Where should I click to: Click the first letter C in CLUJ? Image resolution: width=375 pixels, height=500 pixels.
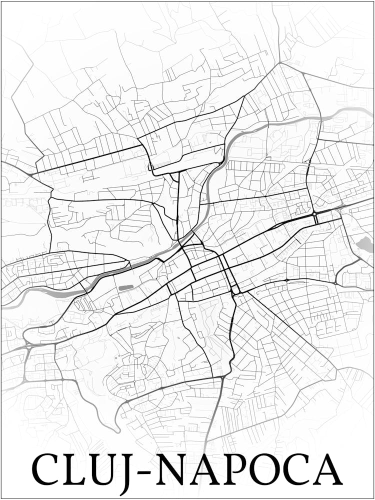[47, 469]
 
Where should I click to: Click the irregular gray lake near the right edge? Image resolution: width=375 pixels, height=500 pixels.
[363, 244]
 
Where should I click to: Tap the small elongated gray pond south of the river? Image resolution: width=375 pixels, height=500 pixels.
[125, 287]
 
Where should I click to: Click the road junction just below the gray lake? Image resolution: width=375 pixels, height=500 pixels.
[359, 260]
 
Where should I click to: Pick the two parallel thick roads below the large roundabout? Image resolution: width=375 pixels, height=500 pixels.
[316, 220]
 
